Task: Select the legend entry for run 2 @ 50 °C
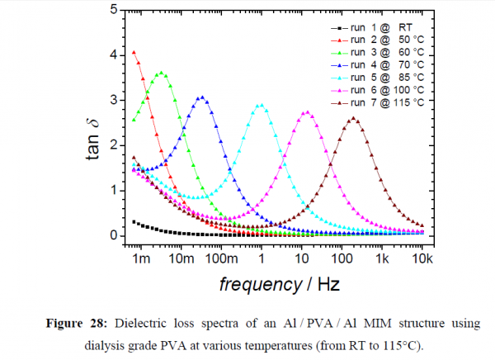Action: [x=376, y=40]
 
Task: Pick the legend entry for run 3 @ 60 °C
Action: [x=376, y=52]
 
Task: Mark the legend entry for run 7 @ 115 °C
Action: [x=376, y=102]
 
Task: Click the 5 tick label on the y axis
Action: [x=112, y=11]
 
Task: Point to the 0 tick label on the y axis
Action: [x=112, y=236]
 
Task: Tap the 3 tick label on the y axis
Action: [x=112, y=101]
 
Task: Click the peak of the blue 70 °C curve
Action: [x=201, y=97]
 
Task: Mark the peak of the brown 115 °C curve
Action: [x=354, y=118]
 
